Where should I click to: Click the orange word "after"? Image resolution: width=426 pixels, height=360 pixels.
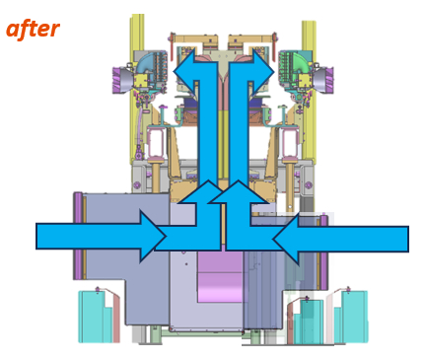pyautogui.click(x=33, y=30)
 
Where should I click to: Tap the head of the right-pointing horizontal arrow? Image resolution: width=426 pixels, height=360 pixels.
pyautogui.click(x=153, y=237)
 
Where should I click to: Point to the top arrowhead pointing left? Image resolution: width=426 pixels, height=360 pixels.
pyautogui.click(x=185, y=71)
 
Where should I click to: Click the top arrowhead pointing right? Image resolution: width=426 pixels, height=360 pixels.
pyautogui.click(x=263, y=71)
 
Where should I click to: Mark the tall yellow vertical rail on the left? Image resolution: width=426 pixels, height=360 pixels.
pyautogui.click(x=137, y=89)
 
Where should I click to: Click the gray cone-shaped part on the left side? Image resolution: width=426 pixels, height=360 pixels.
pyautogui.click(x=125, y=79)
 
